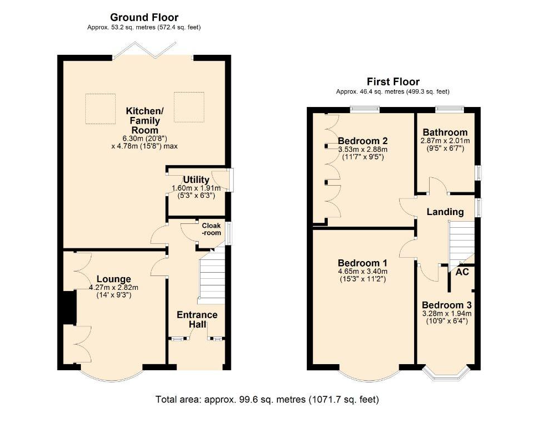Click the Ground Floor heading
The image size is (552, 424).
click(x=144, y=17)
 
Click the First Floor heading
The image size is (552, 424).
click(x=393, y=82)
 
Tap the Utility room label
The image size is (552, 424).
click(x=196, y=180)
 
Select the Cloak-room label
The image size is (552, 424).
click(x=211, y=229)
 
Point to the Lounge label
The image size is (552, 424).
click(x=114, y=279)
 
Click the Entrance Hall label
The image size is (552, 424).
click(x=197, y=319)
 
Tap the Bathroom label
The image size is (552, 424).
click(x=445, y=132)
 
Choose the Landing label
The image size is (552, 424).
click(x=445, y=212)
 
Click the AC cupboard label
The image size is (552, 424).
click(x=462, y=272)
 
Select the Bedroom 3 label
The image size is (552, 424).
click(x=447, y=305)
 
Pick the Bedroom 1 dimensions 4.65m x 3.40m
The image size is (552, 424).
click(x=363, y=272)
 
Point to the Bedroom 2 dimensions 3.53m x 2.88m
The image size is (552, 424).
click(x=363, y=149)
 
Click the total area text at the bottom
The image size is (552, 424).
click(x=267, y=400)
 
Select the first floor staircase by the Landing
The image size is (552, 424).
click(x=462, y=247)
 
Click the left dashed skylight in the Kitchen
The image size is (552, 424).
click(x=101, y=109)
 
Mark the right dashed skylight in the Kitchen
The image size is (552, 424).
click(x=189, y=107)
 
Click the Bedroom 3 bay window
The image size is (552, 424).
click(x=446, y=374)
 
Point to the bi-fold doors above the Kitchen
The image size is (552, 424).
click(x=145, y=51)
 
